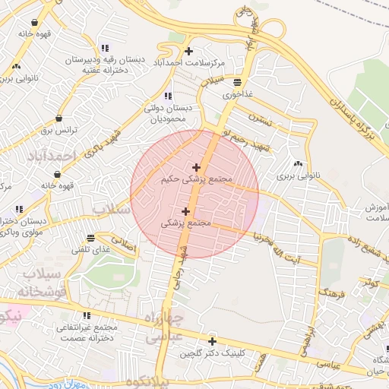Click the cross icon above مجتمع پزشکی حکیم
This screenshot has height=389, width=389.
pyautogui.click(x=196, y=167)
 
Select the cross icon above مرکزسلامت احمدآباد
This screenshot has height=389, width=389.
pyautogui.click(x=188, y=50)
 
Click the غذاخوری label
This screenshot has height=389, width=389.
pyautogui.click(x=237, y=96)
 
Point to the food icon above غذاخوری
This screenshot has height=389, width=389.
pyautogui.click(x=238, y=83)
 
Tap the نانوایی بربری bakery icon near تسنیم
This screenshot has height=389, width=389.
pyautogui.click(x=297, y=163)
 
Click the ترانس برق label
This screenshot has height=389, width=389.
pyautogui.click(x=60, y=131)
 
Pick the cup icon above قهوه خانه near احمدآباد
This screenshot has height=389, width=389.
pyautogui.click(x=58, y=174)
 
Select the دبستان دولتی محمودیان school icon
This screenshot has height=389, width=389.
pyautogui.click(x=168, y=96)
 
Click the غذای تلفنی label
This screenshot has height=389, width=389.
pyautogui.click(x=91, y=249)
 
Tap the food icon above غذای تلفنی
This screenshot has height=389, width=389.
pyautogui.click(x=91, y=236)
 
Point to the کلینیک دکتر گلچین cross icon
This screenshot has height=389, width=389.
pyautogui.click(x=212, y=341)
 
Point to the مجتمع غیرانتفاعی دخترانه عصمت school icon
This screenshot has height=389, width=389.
pyautogui.click(x=87, y=315)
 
